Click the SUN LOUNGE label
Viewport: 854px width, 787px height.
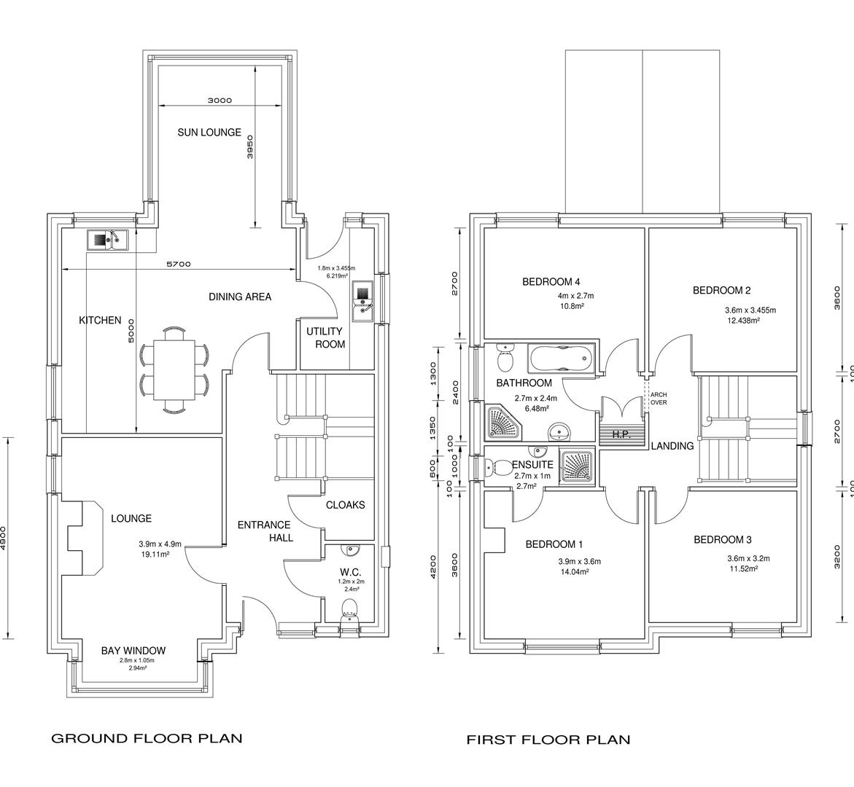[x=209, y=133]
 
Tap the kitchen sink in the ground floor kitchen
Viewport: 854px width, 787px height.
[x=107, y=239]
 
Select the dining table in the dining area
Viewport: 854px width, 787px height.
[x=174, y=371]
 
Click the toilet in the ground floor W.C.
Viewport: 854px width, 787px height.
[x=350, y=610]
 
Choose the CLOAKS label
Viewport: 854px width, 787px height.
[x=345, y=505]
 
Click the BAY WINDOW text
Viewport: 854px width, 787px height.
[x=133, y=651]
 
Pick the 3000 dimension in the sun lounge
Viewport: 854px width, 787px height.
[x=219, y=101]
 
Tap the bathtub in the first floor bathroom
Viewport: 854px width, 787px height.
[x=561, y=359]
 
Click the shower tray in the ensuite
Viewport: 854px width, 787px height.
[x=578, y=466]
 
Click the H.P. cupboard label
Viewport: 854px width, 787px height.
[x=621, y=435]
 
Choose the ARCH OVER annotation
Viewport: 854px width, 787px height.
[x=659, y=399]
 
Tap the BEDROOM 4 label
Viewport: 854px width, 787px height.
[x=551, y=282]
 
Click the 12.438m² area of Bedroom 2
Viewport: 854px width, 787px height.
[x=743, y=321]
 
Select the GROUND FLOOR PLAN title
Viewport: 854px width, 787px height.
[x=147, y=738]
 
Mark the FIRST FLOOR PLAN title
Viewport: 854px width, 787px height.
[x=548, y=740]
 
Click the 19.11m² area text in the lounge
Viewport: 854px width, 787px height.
[x=155, y=555]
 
